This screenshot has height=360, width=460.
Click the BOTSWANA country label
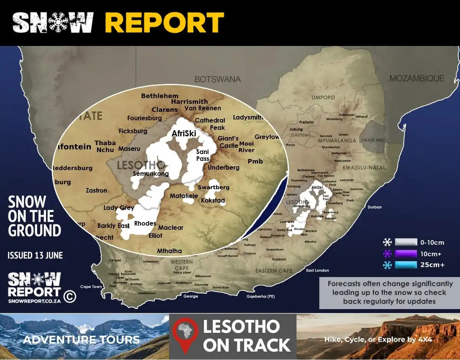pyautogui.click(x=217, y=79)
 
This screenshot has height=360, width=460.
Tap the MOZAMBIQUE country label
pyautogui.click(x=417, y=79)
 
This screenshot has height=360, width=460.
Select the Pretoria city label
pyautogui.click(x=306, y=122)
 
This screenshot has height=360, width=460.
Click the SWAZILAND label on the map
pyautogui.click(x=373, y=141)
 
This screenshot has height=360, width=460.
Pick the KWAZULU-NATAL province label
pyautogui.click(x=364, y=168)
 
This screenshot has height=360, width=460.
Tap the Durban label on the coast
pyautogui.click(x=375, y=207)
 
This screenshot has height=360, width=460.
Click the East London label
pyautogui.click(x=317, y=270)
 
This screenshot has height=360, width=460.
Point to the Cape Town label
pyautogui.click(x=91, y=286)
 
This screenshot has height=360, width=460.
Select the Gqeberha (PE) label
pyautogui.click(x=260, y=296)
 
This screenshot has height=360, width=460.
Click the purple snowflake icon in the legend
pyautogui.click(x=388, y=253)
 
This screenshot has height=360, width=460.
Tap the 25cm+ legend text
pyautogui.click(x=432, y=265)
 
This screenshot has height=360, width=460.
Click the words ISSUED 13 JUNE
pyautogui.click(x=35, y=255)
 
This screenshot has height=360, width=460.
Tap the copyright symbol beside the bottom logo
pyautogui.click(x=69, y=296)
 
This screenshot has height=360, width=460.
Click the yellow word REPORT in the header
pyautogui.click(x=164, y=23)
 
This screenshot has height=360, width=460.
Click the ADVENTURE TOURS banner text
pyautogui.click(x=81, y=339)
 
